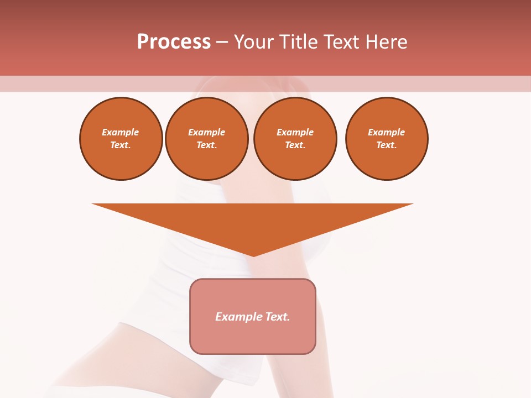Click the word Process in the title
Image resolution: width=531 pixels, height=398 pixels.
click(x=174, y=42)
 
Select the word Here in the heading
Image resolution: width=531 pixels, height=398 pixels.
click(x=387, y=42)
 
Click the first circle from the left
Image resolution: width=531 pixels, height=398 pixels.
click(x=121, y=139)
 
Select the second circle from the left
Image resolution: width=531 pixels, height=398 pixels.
click(x=207, y=139)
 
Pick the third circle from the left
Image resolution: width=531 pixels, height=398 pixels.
click(x=295, y=139)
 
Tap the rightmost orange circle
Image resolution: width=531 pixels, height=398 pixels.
click(x=387, y=139)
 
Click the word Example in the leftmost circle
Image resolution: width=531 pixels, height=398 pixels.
click(x=121, y=133)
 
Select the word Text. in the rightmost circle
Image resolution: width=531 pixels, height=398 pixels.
click(x=387, y=145)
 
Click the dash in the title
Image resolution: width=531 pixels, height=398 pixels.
click(x=222, y=42)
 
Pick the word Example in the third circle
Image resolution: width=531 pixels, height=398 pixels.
click(x=295, y=133)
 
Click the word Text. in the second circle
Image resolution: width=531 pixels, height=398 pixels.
click(x=207, y=145)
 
